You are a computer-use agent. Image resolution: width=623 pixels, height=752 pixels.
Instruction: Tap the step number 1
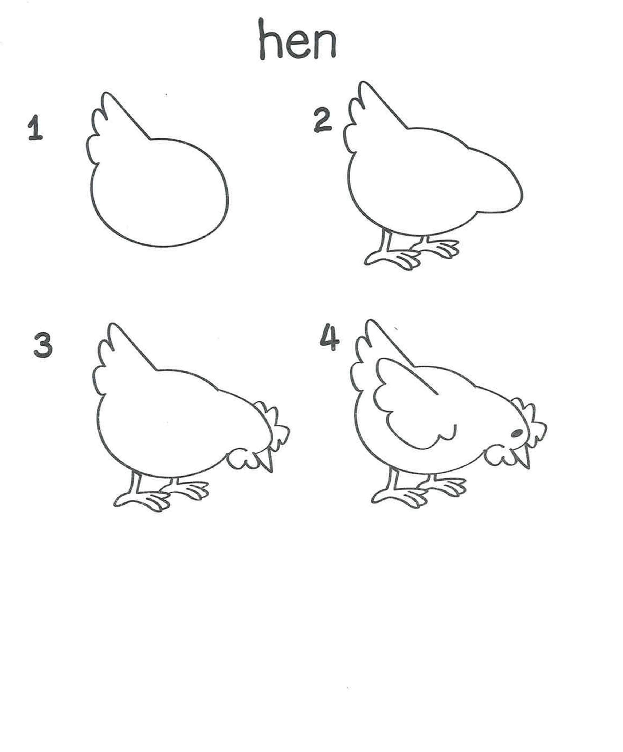click(35, 128)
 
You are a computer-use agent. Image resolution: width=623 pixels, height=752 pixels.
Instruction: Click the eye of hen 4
click(516, 434)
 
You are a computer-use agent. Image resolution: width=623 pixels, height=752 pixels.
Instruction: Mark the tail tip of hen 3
click(113, 326)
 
